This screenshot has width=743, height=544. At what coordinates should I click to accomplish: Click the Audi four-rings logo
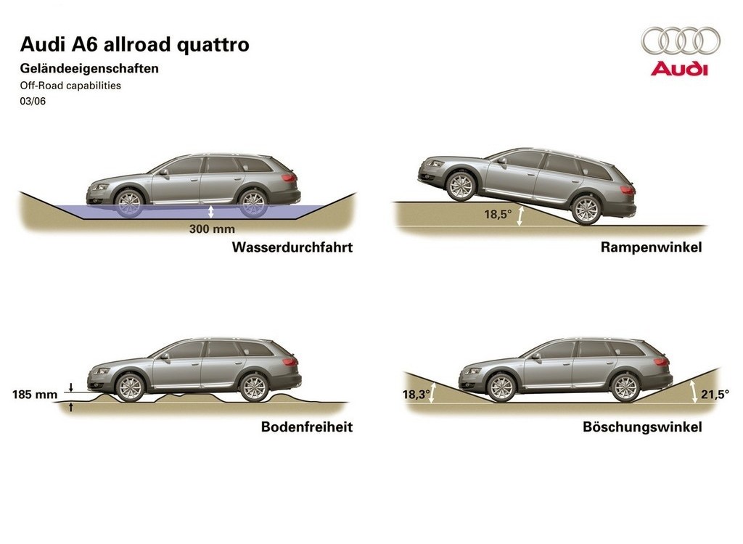pos(681,40)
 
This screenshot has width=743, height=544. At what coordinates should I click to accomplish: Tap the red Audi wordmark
pos(679,69)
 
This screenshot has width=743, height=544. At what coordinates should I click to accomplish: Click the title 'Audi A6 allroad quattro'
pos(134,44)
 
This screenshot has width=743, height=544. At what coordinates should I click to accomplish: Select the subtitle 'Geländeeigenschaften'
pos(89,69)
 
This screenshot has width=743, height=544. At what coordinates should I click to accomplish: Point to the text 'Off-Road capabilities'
pos(70,86)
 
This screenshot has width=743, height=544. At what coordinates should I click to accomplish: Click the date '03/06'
pos(33,101)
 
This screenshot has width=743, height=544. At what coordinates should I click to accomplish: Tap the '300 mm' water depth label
pos(212,229)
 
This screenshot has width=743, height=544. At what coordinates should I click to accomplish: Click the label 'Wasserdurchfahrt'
pos(292,247)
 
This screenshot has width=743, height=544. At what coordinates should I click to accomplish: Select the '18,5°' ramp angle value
pos(498,214)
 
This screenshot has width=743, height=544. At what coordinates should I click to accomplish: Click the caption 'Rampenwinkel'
pos(651,247)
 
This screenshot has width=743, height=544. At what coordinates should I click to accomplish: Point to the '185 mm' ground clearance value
pos(35,395)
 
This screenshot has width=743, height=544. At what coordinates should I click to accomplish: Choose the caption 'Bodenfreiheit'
pos(307,427)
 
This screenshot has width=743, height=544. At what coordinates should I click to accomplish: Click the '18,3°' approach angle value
pos(416,395)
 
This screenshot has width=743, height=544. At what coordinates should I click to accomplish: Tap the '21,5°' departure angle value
pos(715,395)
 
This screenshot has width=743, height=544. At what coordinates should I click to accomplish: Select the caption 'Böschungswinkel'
pos(642,427)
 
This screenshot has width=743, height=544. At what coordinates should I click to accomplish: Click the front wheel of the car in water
pos(129,203)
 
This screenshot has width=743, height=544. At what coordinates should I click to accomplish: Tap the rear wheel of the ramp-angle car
pos(586,210)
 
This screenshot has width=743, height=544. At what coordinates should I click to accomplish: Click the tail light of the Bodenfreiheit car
pos(290,361)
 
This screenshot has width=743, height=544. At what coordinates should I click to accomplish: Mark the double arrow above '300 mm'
pos(211,211)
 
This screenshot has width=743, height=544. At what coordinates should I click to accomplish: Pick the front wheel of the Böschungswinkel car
pos(501,387)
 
